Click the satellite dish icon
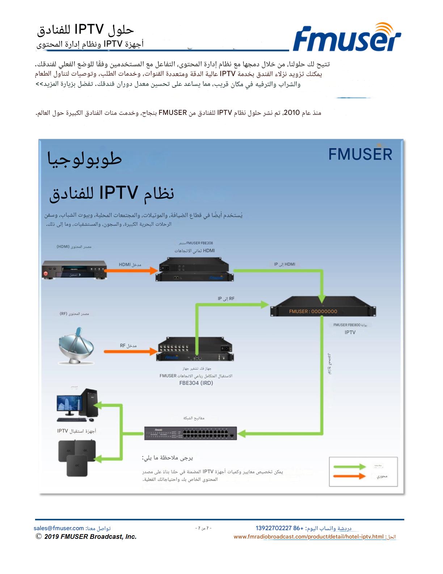(x=77, y=346)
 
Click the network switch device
(x=190, y=433)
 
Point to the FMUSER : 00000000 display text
(x=313, y=311)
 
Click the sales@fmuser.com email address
(x=59, y=528)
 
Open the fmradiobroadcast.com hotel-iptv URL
(x=309, y=537)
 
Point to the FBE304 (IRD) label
(x=196, y=383)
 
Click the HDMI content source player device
(x=74, y=270)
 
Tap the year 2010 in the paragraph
(x=292, y=113)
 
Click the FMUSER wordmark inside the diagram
(x=360, y=154)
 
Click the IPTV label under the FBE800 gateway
(x=350, y=332)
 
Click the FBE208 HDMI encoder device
(x=195, y=270)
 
